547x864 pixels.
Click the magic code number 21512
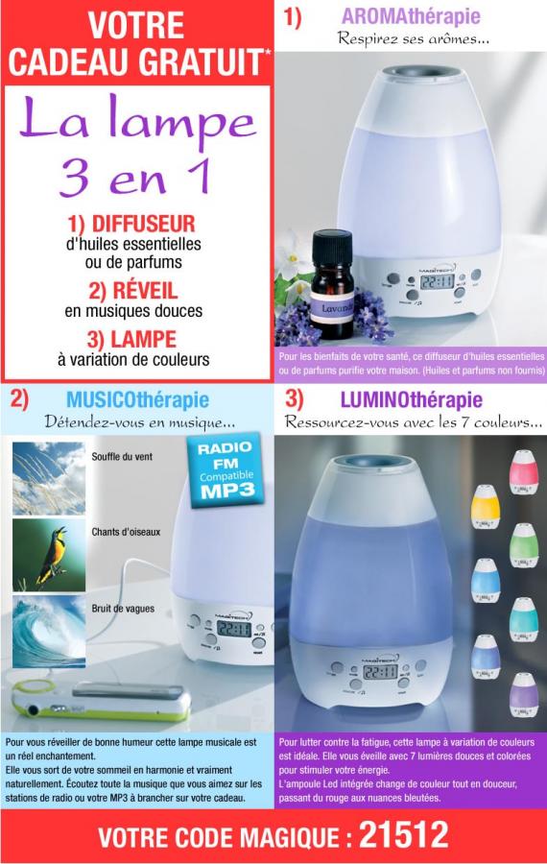pyautogui.click(x=404, y=836)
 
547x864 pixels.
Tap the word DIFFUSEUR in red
pyautogui.click(x=143, y=225)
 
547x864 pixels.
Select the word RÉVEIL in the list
pyautogui.click(x=146, y=290)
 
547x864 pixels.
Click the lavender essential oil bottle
pyautogui.click(x=332, y=284)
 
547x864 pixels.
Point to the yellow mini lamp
pyautogui.click(x=486, y=506)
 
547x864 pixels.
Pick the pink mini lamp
pyautogui.click(x=523, y=471)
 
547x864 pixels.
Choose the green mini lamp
pyautogui.click(x=523, y=545)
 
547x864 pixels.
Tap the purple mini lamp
pyautogui.click(x=523, y=695)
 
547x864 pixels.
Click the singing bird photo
pyautogui.click(x=49, y=555)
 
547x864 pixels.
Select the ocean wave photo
pyautogui.click(x=49, y=632)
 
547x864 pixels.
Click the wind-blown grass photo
pyautogui.click(x=49, y=478)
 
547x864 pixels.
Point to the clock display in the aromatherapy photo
pyautogui.click(x=437, y=281)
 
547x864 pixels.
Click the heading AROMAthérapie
pyautogui.click(x=411, y=16)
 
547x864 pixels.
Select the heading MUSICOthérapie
pyautogui.click(x=138, y=400)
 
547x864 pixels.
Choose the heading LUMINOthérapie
pyautogui.click(x=412, y=400)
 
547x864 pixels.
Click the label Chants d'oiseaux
pyautogui.click(x=126, y=532)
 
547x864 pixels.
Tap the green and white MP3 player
pyautogui.click(x=102, y=699)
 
